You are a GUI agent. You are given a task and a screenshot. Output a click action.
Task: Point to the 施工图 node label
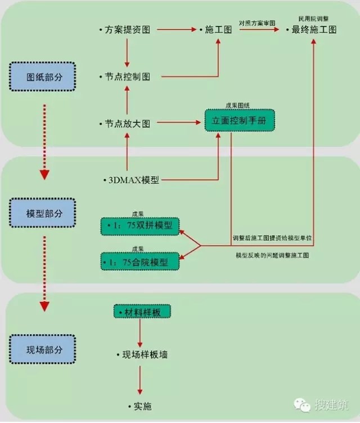point(218,29)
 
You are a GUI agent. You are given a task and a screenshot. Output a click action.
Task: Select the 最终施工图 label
point(314,29)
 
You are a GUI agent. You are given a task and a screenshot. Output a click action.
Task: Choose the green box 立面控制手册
point(240,120)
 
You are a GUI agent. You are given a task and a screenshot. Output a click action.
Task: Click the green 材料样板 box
point(140,311)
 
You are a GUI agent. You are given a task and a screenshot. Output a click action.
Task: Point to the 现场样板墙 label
point(145,354)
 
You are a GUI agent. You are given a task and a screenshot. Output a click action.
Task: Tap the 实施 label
point(139,406)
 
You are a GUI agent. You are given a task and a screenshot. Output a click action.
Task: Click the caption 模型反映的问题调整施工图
point(273,255)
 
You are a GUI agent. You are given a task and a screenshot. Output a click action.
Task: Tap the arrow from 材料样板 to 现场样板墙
point(140,332)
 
